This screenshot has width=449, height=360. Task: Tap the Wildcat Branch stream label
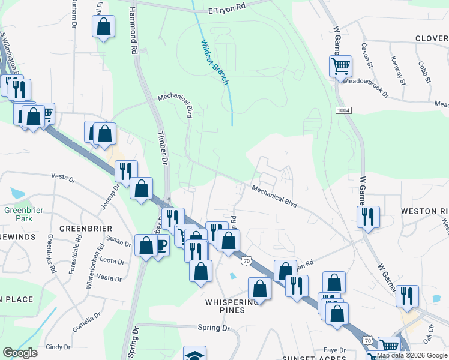[x=215, y=61]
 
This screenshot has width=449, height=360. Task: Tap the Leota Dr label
[x=112, y=262]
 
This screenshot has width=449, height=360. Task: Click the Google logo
[x=20, y=353]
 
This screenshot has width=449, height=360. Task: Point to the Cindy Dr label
[x=58, y=347]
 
